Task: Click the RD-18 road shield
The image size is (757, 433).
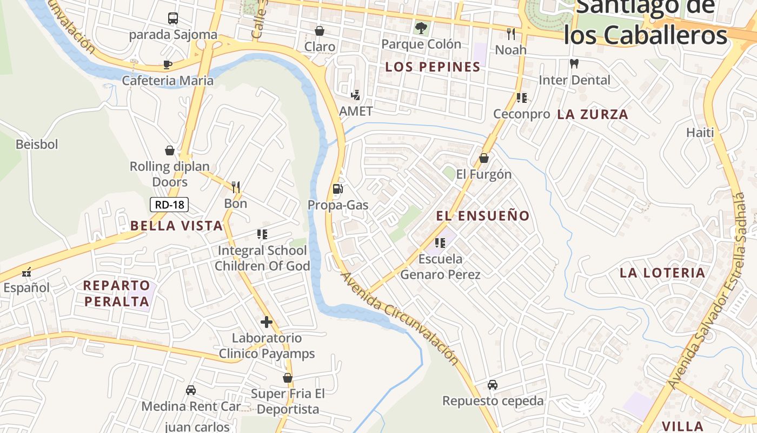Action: click(x=169, y=205)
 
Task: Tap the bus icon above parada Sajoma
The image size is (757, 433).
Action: click(x=173, y=18)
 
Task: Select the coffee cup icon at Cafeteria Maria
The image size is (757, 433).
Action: click(x=168, y=65)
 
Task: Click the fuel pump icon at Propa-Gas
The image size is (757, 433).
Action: click(x=338, y=188)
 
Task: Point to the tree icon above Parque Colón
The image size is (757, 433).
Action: click(x=421, y=27)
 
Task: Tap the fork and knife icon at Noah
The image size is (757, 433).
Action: click(x=511, y=34)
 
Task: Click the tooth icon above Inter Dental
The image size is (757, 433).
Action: click(x=574, y=63)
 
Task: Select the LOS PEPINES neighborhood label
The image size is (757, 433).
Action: click(x=433, y=67)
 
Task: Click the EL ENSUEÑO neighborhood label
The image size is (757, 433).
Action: click(x=483, y=215)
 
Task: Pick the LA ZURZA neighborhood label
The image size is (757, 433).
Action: click(x=593, y=114)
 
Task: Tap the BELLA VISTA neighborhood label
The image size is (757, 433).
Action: click(x=176, y=226)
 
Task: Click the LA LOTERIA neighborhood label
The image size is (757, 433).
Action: click(x=662, y=273)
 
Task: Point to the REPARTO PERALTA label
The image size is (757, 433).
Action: click(x=117, y=293)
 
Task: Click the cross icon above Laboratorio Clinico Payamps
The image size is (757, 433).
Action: click(x=266, y=322)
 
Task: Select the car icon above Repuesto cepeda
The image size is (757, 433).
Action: click(x=492, y=384)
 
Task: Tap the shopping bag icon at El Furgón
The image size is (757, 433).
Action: click(x=484, y=158)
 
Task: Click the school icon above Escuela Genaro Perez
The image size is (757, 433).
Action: click(x=440, y=242)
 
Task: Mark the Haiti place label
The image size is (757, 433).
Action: click(x=700, y=133)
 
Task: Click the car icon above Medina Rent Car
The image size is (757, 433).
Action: click(x=191, y=390)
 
